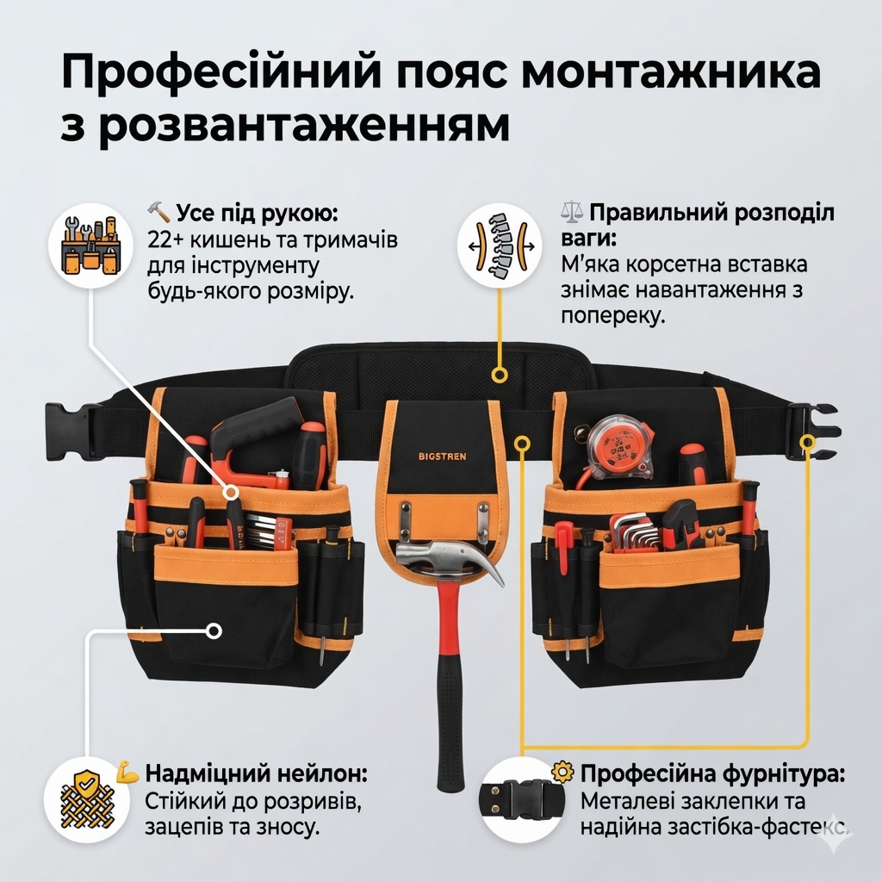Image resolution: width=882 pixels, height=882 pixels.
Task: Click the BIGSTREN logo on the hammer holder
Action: coord(442,457)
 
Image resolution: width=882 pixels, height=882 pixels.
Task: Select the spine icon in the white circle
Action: coord(500,245)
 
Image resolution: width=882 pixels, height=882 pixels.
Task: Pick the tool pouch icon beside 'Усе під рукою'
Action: coord(91,245)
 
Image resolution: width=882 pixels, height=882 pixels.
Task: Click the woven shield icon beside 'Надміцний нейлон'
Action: coord(87,799)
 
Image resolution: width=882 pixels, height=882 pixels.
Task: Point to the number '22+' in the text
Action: coord(165,239)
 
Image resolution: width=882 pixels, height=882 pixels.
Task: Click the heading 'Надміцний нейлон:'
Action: coord(256,773)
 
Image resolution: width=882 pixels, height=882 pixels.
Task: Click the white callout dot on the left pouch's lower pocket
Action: coord(214,630)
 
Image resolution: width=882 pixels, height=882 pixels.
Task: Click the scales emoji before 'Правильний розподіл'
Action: coord(573,212)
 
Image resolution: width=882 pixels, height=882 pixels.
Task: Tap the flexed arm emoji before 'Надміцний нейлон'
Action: coord(127,773)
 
